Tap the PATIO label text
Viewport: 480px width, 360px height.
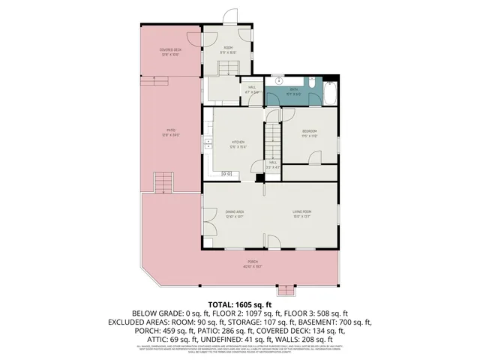171,130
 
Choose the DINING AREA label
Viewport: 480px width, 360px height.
235,213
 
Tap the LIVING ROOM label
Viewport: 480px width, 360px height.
301,213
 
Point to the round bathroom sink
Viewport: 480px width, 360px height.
277,79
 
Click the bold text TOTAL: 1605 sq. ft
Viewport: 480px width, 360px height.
240,304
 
